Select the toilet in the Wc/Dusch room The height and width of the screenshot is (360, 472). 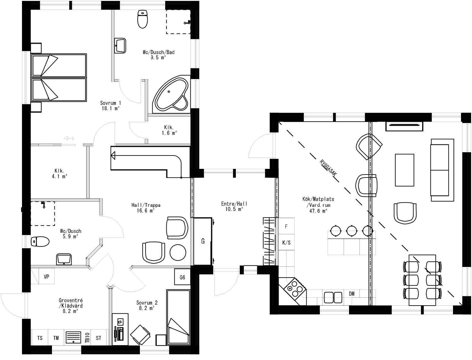(40, 241)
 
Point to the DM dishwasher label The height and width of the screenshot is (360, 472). (352, 294)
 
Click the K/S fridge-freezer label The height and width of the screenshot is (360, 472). (286, 243)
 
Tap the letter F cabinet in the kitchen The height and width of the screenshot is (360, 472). (286, 227)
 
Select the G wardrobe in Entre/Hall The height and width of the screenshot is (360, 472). (203, 241)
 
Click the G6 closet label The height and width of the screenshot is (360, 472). (182, 277)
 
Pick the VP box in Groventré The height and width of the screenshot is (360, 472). (46, 277)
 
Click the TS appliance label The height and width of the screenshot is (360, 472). (40, 338)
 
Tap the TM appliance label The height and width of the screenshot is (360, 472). (56, 338)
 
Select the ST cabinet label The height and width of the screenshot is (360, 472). (99, 338)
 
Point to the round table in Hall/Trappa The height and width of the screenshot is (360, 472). (178, 252)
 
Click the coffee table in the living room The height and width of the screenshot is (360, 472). (404, 170)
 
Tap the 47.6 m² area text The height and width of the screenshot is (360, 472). (318, 211)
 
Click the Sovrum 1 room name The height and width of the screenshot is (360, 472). (110, 103)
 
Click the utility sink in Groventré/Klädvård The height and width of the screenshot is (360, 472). (73, 337)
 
